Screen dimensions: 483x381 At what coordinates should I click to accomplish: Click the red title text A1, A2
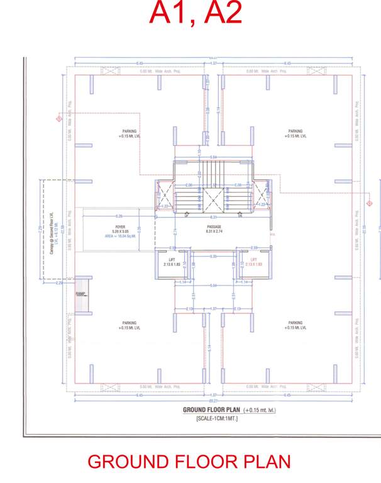196,14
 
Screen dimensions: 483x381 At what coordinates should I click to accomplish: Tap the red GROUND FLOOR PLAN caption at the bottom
189,462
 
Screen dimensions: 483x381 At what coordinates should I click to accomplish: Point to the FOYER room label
120,226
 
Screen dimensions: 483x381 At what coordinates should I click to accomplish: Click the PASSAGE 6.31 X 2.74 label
215,228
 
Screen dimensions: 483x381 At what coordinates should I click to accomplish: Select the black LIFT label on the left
172,262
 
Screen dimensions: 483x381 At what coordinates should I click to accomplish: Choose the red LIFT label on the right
255,262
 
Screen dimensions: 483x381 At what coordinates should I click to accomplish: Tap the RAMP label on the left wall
80,294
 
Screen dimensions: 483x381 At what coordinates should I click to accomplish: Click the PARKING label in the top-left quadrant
128,133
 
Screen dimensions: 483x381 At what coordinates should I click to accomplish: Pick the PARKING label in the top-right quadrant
295,133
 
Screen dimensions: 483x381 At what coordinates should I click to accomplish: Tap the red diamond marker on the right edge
370,203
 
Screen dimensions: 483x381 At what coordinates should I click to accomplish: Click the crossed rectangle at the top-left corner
111,71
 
